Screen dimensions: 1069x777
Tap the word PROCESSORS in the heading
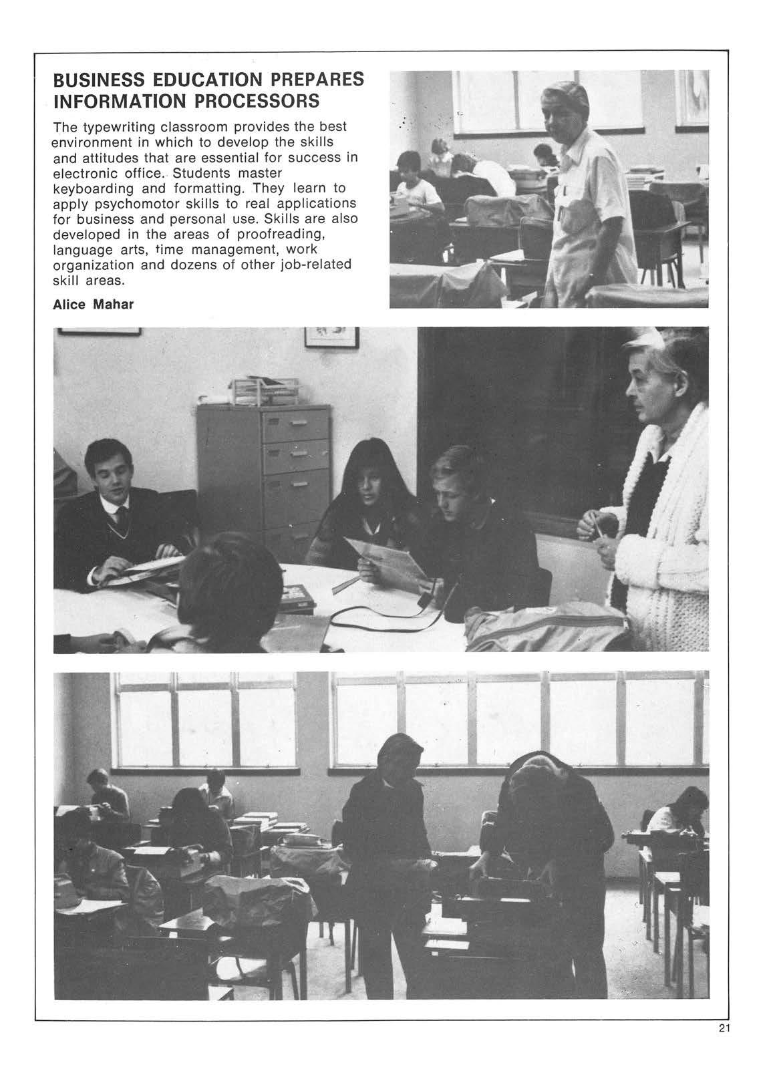coord(254,102)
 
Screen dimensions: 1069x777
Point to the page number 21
coord(726,1046)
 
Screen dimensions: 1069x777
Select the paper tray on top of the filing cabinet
coord(257,391)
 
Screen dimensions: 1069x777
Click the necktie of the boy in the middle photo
coord(123,516)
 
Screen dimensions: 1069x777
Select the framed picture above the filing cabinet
coord(331,336)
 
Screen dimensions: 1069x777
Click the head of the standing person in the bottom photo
coord(400,755)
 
